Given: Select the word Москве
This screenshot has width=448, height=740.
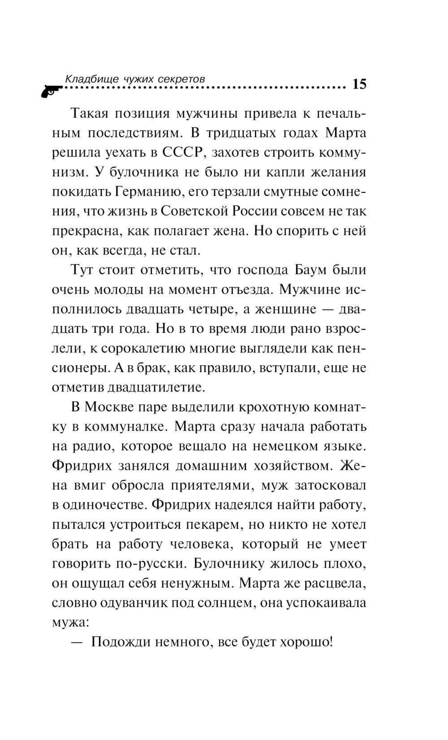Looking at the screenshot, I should coord(112,407).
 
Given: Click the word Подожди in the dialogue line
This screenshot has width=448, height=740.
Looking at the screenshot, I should coord(119,642).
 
